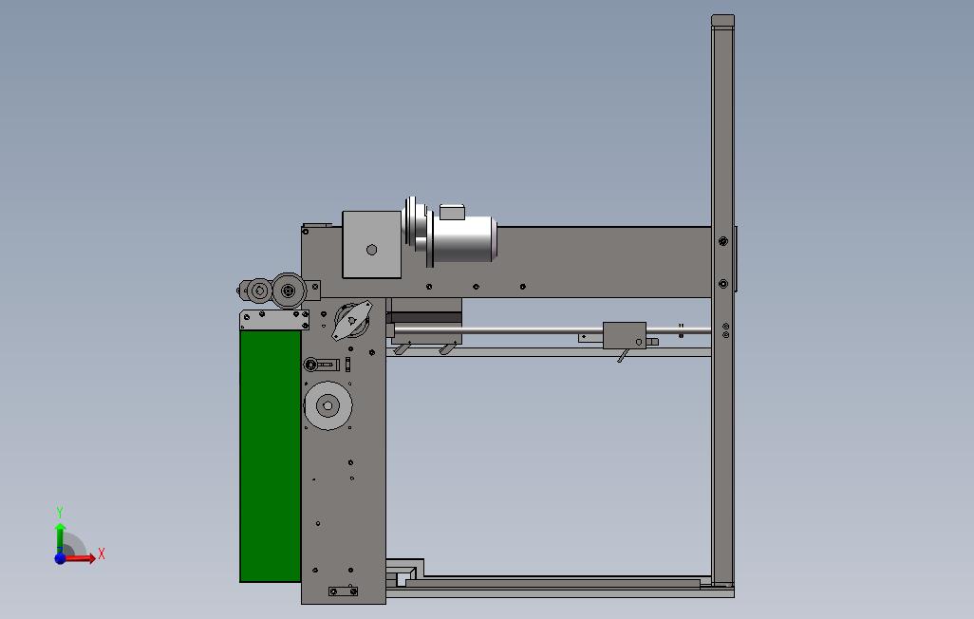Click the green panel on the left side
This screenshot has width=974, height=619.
click(271, 456)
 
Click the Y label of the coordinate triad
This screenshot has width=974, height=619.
click(60, 512)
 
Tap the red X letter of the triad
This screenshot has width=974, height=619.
click(102, 553)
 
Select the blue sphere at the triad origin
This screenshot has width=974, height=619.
click(60, 558)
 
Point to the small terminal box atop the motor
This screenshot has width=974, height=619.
click(452, 212)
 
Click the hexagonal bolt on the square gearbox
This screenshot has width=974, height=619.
click(371, 250)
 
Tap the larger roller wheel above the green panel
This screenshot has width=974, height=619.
click(289, 291)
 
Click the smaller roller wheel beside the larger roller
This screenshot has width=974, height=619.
click(260, 291)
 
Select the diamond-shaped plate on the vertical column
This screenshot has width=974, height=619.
click(351, 321)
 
